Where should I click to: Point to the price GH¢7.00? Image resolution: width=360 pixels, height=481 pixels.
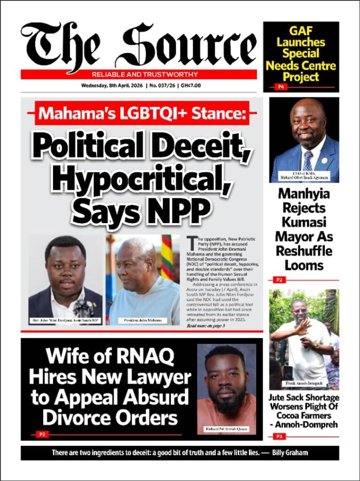[x=191, y=85]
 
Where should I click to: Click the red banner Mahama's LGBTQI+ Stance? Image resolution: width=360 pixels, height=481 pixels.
[x=141, y=114]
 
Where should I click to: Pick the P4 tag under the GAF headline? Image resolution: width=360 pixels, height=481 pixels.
[x=281, y=87]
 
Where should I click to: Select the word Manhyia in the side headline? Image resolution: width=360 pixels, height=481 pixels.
[x=304, y=194]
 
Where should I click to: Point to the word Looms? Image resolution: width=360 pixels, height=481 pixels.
[x=304, y=265]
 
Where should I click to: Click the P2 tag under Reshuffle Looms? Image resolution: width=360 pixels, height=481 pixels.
[x=279, y=280]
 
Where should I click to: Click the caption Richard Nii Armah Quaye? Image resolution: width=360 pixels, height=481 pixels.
[x=226, y=429]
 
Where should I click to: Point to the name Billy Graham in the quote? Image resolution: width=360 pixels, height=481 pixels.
[x=296, y=453]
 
